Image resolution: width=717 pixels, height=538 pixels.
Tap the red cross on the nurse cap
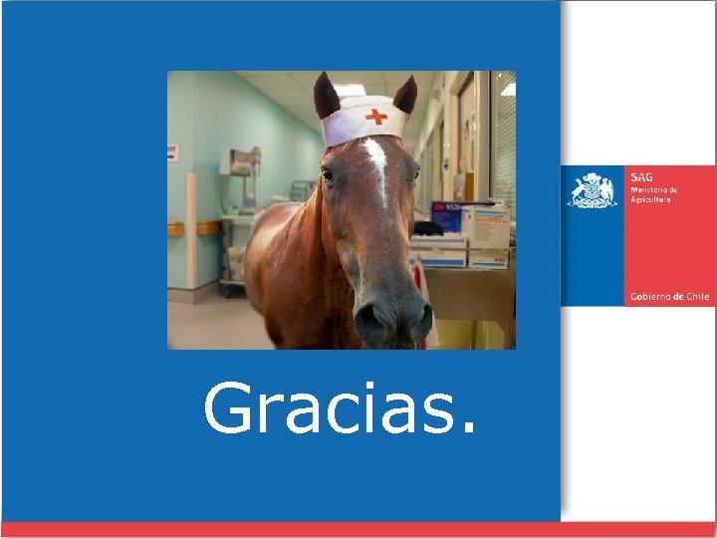point(375,117)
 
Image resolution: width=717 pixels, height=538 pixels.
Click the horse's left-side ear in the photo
point(327,96)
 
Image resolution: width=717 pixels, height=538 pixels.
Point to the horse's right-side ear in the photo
point(404,95)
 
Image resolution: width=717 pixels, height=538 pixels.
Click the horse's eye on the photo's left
point(328,175)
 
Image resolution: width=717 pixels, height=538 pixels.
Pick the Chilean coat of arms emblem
point(593,189)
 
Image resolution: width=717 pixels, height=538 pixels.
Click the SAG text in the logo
point(640,176)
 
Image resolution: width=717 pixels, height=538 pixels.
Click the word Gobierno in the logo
point(650,297)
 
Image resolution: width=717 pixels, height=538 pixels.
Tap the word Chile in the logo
point(697,297)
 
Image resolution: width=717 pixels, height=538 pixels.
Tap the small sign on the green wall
point(171,152)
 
